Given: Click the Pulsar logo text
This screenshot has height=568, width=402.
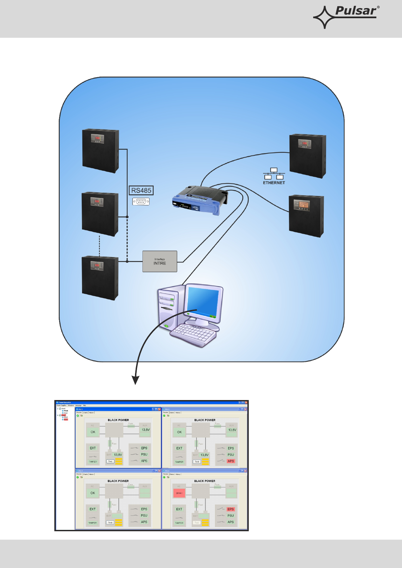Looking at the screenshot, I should [x=355, y=11].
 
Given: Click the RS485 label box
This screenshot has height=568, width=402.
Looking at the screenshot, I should [x=141, y=191].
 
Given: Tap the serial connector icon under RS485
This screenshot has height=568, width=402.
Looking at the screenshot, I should [x=141, y=201].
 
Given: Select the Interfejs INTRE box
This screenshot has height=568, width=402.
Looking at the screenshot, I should [x=160, y=261].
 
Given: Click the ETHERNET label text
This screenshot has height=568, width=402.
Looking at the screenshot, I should [x=274, y=183].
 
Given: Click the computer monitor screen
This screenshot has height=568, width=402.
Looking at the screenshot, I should [x=203, y=301].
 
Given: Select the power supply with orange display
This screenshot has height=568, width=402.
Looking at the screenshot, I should [x=306, y=216].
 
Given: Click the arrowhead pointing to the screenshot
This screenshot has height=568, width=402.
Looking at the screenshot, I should [x=135, y=380].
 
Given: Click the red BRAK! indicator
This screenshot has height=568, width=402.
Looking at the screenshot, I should [x=179, y=493].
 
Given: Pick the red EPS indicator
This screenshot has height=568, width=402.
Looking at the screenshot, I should [x=231, y=509].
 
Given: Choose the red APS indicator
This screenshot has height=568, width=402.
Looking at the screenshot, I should [x=231, y=461].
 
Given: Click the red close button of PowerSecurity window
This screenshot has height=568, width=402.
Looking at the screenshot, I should [x=246, y=402].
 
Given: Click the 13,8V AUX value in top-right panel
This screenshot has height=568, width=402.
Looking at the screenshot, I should [x=232, y=430].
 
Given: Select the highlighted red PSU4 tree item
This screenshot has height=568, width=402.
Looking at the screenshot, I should [x=65, y=420].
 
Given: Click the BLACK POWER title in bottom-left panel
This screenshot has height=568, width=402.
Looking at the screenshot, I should [x=118, y=481].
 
